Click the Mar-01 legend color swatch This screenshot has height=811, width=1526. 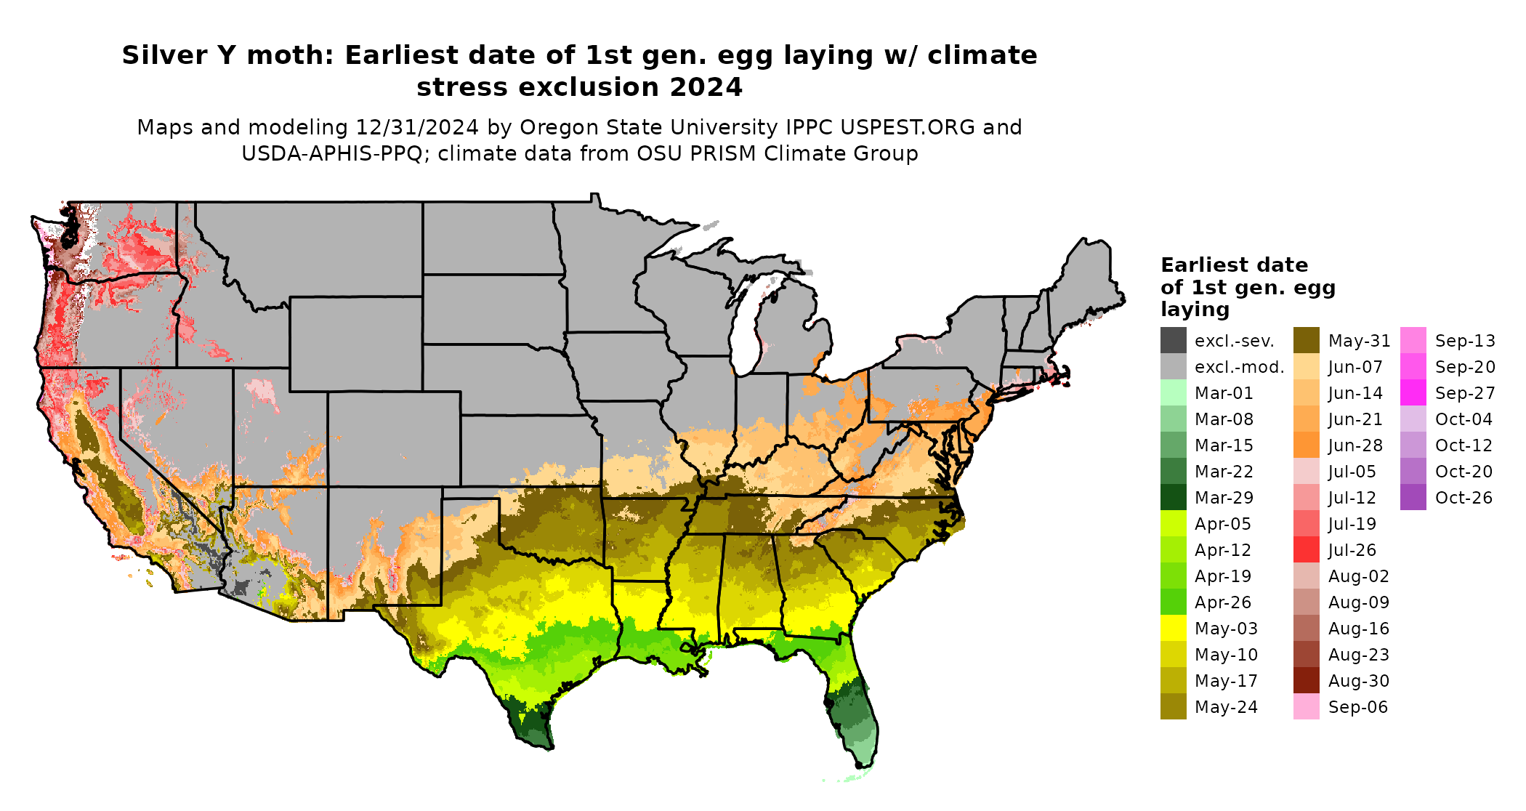1173,393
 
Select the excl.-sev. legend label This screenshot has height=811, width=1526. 1234,341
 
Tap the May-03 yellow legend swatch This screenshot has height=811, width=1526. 1173,629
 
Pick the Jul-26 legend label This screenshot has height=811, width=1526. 1352,550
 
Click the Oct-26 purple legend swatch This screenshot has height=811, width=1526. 1413,498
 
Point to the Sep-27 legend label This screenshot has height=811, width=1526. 1465,393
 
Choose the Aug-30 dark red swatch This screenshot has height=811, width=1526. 1306,681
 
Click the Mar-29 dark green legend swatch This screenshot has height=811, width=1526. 1173,498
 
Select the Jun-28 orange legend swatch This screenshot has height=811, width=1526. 1306,445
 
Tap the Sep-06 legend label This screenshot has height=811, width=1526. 1357,707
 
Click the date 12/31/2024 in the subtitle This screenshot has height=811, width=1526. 417,127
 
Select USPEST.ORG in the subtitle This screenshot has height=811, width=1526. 907,127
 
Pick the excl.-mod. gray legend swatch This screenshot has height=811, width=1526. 1173,367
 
